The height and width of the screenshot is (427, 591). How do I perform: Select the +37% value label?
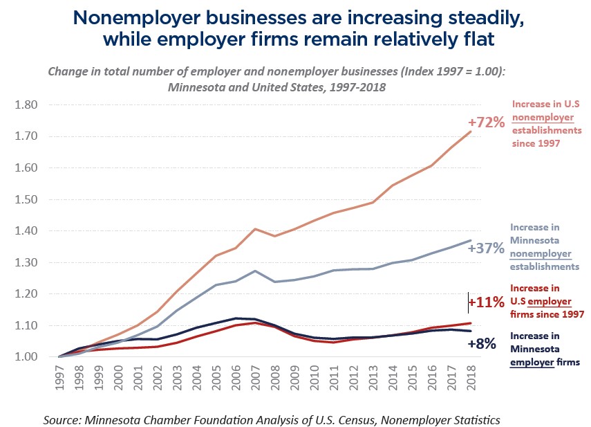pyautogui.click(x=486, y=248)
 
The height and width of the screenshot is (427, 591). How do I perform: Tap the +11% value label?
pyautogui.click(x=486, y=302)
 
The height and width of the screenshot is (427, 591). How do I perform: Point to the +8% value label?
pyautogui.click(x=482, y=343)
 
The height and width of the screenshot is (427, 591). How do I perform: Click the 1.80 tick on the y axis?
pyautogui.click(x=26, y=105)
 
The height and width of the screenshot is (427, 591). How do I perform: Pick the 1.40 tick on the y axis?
pyautogui.click(x=26, y=231)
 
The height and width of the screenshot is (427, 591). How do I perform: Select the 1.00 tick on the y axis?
pyautogui.click(x=26, y=357)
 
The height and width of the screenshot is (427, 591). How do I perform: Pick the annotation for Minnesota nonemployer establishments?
pyautogui.click(x=544, y=246)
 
